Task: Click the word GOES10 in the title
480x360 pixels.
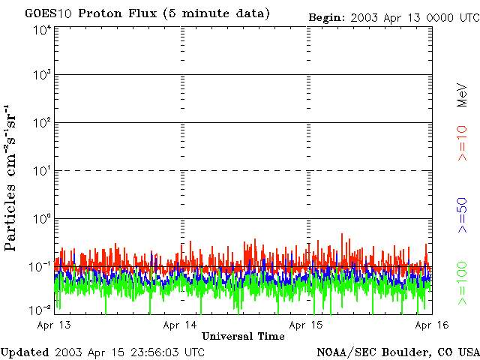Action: tap(46, 14)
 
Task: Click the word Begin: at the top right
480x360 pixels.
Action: tap(327, 16)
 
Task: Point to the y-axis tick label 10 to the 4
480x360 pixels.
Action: tap(42, 30)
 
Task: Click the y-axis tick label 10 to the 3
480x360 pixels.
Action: tap(42, 76)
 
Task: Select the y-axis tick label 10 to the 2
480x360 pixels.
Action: tap(42, 123)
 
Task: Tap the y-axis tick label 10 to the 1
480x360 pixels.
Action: tap(42, 171)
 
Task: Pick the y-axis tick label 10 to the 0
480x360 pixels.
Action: tap(42, 219)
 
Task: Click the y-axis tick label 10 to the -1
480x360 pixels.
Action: tap(41, 266)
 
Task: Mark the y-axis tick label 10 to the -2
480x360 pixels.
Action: tap(41, 310)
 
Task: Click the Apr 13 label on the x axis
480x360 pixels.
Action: tap(55, 325)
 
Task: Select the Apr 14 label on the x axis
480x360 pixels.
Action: tap(181, 325)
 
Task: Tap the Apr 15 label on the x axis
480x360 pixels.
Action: tap(307, 325)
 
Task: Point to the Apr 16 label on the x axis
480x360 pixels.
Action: tap(432, 325)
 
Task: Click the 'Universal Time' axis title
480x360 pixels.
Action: tap(243, 337)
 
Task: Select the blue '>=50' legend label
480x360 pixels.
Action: tap(463, 215)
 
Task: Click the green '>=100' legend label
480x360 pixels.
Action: tap(463, 283)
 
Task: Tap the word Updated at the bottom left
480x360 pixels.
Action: tap(25, 351)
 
